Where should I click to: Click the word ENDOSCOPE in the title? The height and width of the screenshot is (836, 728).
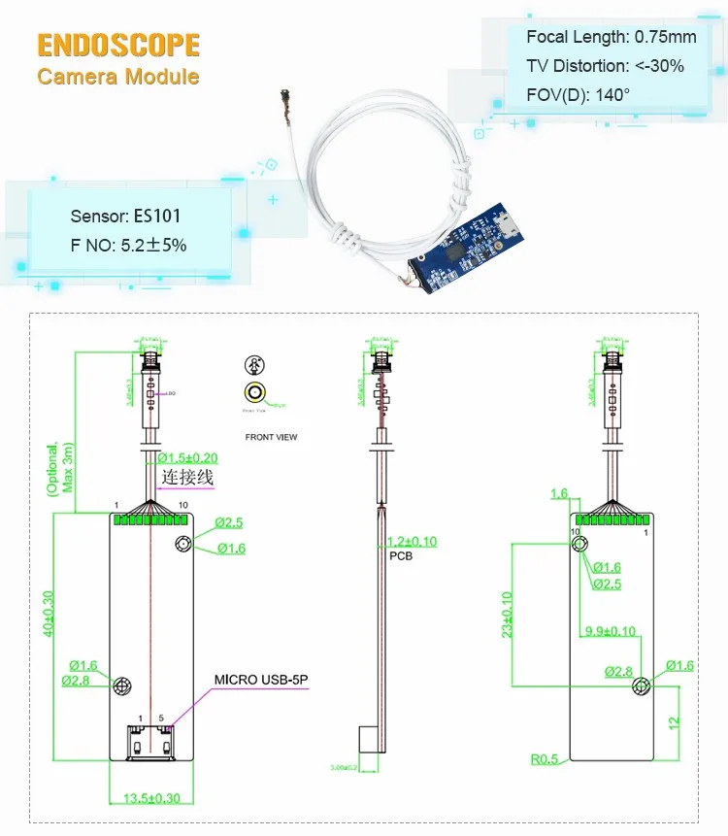(x=118, y=45)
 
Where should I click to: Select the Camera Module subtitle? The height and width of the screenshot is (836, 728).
(x=118, y=77)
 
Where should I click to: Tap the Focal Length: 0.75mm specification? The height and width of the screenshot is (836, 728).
(x=612, y=37)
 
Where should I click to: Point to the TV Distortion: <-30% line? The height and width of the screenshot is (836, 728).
(x=605, y=66)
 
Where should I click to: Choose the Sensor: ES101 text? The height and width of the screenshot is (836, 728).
(x=125, y=216)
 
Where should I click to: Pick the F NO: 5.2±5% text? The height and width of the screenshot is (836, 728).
(x=128, y=246)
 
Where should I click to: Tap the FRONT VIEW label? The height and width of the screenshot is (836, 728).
(x=271, y=437)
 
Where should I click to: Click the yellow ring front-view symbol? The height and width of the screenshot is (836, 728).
(x=255, y=393)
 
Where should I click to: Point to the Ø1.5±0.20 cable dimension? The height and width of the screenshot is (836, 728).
(x=189, y=457)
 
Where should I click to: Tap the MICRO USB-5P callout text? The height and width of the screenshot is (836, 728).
(x=260, y=680)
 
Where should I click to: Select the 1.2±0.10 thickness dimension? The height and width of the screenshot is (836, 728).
(x=412, y=542)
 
